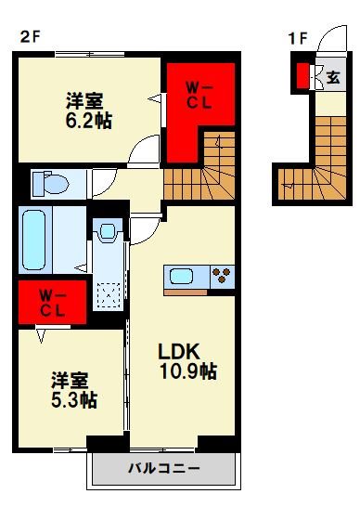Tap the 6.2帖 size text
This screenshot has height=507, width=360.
point(89,121)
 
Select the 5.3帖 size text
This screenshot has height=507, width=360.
point(74,401)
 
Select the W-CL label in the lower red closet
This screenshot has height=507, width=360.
point(51,302)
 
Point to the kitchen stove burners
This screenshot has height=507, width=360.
point(223,275)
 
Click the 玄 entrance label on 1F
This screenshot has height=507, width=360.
point(332,78)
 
